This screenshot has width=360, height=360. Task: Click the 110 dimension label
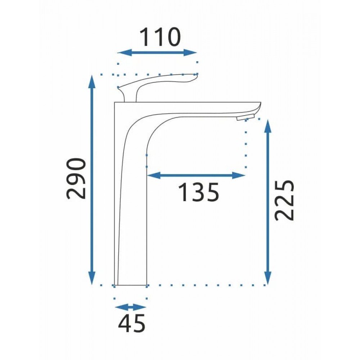[x=160, y=37]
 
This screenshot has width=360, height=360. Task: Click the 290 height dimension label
[x=76, y=178]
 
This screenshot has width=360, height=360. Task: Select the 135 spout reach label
[x=199, y=192]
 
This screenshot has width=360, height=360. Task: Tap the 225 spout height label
[x=284, y=200]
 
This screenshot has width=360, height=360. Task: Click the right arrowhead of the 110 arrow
[x=190, y=53]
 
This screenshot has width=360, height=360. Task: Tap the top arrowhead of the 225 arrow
[x=267, y=126]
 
